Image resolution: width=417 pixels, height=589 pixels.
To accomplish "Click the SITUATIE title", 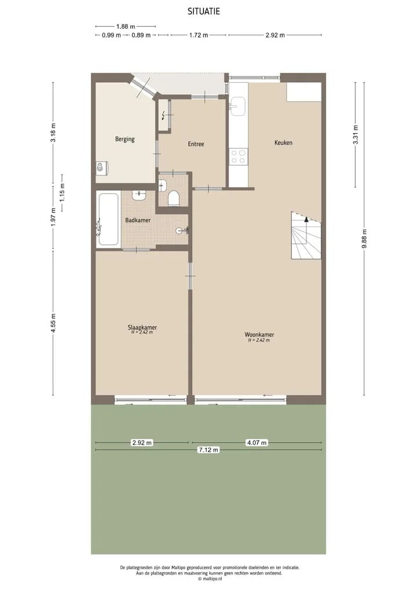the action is (x=204, y=12).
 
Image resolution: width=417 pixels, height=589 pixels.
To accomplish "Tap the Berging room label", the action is (x=125, y=139).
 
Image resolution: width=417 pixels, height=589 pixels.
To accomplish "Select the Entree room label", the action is (x=196, y=144).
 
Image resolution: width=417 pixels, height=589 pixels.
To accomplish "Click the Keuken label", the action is (x=283, y=142).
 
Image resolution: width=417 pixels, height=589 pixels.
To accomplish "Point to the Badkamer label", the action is (x=138, y=220).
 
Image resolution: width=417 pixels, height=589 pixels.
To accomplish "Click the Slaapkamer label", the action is (x=142, y=327).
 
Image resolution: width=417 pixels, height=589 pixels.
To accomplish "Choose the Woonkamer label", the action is (x=259, y=334).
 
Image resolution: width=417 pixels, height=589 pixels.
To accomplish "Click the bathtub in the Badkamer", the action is (x=108, y=219).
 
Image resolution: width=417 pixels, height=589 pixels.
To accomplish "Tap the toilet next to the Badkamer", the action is (x=174, y=198).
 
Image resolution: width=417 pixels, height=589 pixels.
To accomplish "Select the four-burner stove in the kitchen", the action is (x=238, y=156).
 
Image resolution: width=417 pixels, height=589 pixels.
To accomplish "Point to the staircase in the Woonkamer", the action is (x=306, y=235).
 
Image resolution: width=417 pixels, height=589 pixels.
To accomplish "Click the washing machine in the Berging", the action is (x=101, y=167).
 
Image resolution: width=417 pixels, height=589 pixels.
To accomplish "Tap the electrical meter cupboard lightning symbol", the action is (x=163, y=115).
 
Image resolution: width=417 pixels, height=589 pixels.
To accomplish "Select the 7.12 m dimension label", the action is (x=208, y=449).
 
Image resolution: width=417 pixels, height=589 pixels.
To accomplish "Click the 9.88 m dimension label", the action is (x=364, y=239).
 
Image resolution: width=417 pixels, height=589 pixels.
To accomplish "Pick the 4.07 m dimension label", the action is (x=257, y=443).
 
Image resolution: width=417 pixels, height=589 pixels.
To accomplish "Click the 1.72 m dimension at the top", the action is (x=198, y=35).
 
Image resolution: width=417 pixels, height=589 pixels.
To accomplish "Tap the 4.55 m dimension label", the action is (x=53, y=323).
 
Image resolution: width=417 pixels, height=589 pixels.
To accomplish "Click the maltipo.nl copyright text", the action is (x=210, y=579).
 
